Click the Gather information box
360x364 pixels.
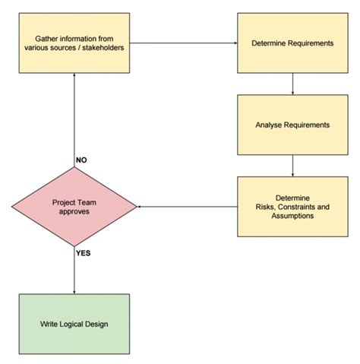coord(74,43)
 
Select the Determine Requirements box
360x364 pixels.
coord(292,43)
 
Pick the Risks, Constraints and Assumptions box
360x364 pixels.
coord(292,205)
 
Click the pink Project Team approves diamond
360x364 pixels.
coord(74,206)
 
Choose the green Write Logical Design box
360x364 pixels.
coord(74,324)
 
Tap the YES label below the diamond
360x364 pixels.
coord(84,253)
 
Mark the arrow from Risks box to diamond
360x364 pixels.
coord(186,206)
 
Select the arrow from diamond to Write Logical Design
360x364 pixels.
coord(74,270)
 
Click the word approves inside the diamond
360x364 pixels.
coord(74,212)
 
